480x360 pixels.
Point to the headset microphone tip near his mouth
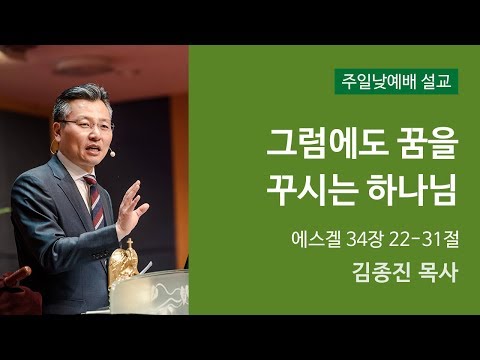(x=112, y=154)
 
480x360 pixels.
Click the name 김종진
(x=382, y=273)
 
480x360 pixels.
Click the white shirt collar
(x=80, y=172)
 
